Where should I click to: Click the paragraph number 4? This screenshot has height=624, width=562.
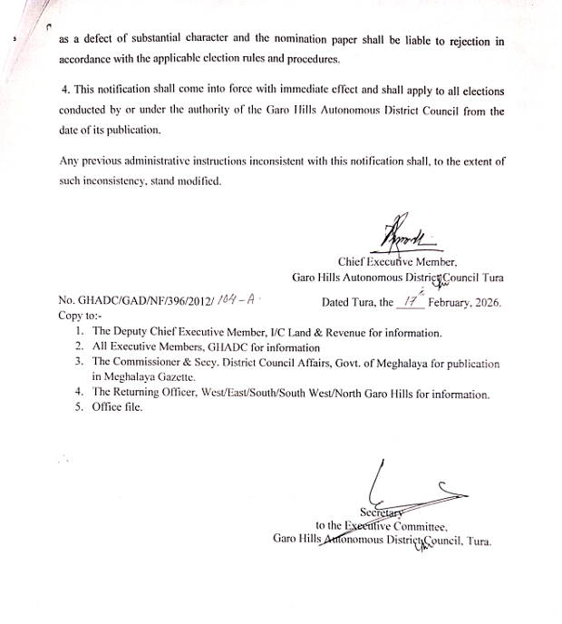tap(63, 93)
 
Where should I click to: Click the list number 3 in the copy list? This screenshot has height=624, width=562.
tap(80, 363)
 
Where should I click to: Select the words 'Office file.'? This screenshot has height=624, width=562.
tap(117, 407)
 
